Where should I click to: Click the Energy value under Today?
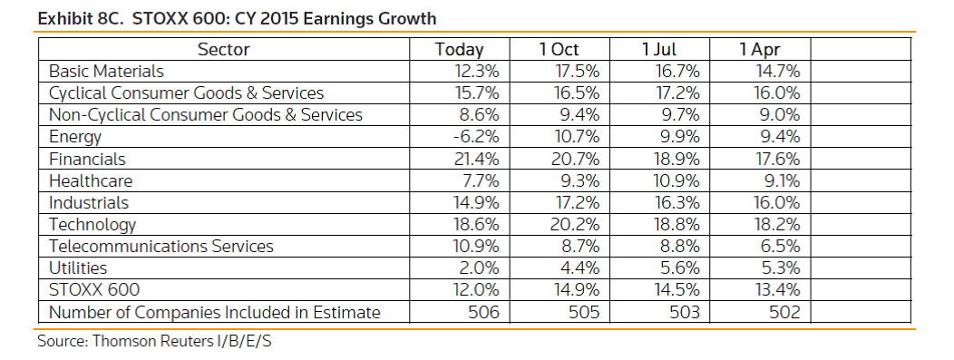476,137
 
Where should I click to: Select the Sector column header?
223,49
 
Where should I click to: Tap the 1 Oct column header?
560,49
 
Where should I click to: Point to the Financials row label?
87,159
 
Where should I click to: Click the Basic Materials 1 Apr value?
777,71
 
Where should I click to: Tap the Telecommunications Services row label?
161,247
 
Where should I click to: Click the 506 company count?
483,312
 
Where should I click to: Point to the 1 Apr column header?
759,49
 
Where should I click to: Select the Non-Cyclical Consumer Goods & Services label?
206,115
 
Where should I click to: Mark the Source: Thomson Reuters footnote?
154,341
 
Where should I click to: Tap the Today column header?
460,49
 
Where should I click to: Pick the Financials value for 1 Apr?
778,159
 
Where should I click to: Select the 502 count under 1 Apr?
784,312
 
